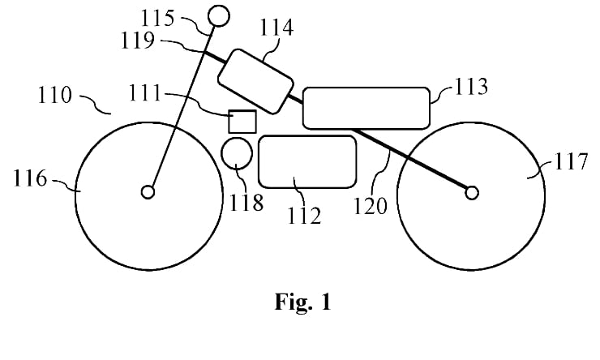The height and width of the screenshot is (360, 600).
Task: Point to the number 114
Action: (276, 29)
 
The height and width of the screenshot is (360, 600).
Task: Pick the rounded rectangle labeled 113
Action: (366, 107)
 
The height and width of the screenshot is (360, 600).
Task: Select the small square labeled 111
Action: (242, 121)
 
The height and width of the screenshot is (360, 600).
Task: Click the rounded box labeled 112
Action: (307, 161)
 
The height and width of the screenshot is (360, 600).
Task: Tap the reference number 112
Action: (304, 216)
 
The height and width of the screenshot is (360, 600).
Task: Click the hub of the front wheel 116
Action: (148, 191)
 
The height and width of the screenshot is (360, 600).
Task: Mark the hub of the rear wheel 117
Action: (471, 191)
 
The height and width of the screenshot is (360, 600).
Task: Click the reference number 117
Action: (572, 162)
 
